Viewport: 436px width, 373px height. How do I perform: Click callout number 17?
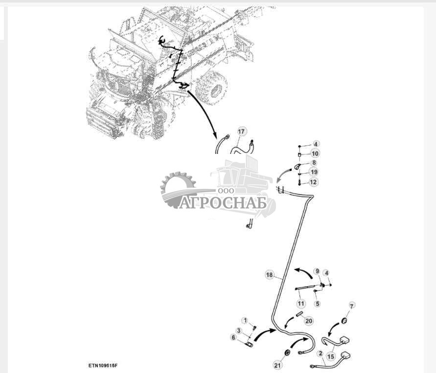(x=241, y=131)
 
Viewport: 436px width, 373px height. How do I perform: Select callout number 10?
(x=315, y=153)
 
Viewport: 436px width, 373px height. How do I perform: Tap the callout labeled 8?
(x=314, y=163)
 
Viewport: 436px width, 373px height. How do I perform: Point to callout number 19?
(x=314, y=172)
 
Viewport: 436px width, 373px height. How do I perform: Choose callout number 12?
(x=313, y=182)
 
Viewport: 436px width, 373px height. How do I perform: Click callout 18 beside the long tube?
(x=270, y=275)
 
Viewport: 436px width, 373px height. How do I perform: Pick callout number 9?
(x=317, y=271)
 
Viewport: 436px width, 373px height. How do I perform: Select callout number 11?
(x=301, y=303)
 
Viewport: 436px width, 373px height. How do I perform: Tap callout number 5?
(x=318, y=303)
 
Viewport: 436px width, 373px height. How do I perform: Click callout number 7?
(x=352, y=306)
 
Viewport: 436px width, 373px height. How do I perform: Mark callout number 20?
(x=309, y=321)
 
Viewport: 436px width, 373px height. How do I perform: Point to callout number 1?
(x=245, y=321)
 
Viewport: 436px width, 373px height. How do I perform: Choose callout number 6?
(x=233, y=337)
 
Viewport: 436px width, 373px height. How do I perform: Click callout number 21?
(x=278, y=365)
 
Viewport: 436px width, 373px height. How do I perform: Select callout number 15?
(x=331, y=356)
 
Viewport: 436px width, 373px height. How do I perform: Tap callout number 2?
(x=321, y=353)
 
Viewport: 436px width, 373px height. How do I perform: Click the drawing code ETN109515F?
(x=103, y=365)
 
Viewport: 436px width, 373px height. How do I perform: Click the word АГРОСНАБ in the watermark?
(x=223, y=203)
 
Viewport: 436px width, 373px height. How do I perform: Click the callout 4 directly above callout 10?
(x=316, y=144)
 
